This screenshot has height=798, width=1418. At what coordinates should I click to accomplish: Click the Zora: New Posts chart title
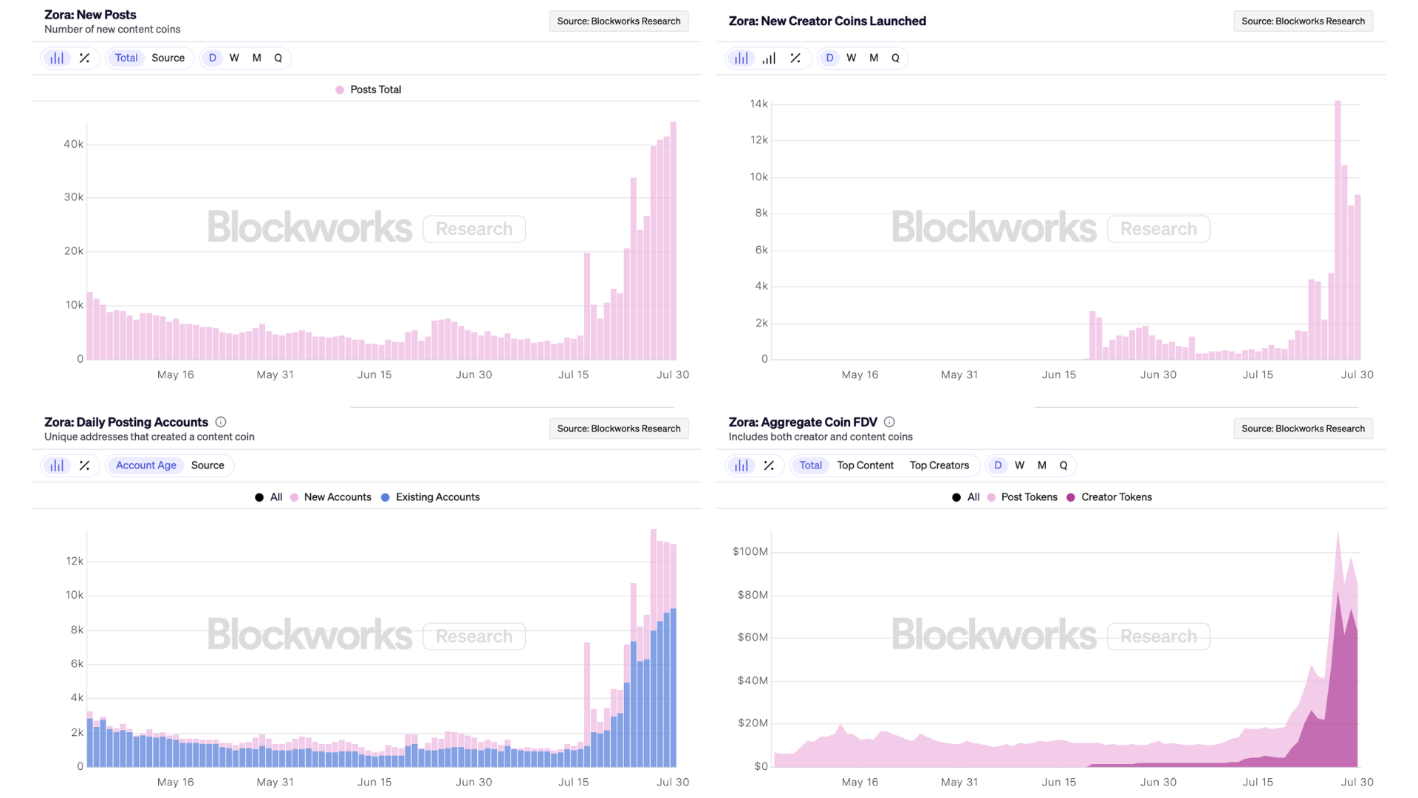point(90,15)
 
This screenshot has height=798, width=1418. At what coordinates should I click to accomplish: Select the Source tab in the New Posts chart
point(168,58)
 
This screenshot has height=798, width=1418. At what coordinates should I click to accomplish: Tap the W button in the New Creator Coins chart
point(851,58)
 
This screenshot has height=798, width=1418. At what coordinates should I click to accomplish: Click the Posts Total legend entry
point(369,89)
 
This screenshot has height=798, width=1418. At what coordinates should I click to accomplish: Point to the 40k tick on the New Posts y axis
point(73,144)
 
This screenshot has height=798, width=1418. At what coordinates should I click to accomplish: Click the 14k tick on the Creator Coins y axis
point(758,104)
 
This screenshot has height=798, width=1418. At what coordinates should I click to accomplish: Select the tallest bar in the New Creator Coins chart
point(1337,229)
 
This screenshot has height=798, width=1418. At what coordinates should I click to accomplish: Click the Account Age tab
point(145,465)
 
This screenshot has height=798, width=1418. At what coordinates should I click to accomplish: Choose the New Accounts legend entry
point(331,497)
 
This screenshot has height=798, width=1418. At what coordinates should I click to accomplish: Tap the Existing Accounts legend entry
point(431,497)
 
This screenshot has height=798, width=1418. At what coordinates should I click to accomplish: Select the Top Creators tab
point(939,465)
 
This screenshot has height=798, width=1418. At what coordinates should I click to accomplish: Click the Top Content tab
point(865,465)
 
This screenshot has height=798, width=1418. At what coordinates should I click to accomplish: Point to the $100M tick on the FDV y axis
point(750,552)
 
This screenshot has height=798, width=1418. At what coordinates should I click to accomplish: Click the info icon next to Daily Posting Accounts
point(221,422)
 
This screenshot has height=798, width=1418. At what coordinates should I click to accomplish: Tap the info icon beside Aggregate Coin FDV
point(889,422)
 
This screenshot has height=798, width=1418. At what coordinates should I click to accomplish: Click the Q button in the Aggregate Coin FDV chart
point(1063,465)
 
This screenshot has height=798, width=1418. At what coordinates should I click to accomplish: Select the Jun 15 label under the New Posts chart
point(374,375)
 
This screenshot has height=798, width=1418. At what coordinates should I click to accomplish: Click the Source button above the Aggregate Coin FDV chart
point(1303,429)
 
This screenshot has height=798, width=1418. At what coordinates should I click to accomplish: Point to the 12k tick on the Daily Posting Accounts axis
point(75,562)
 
